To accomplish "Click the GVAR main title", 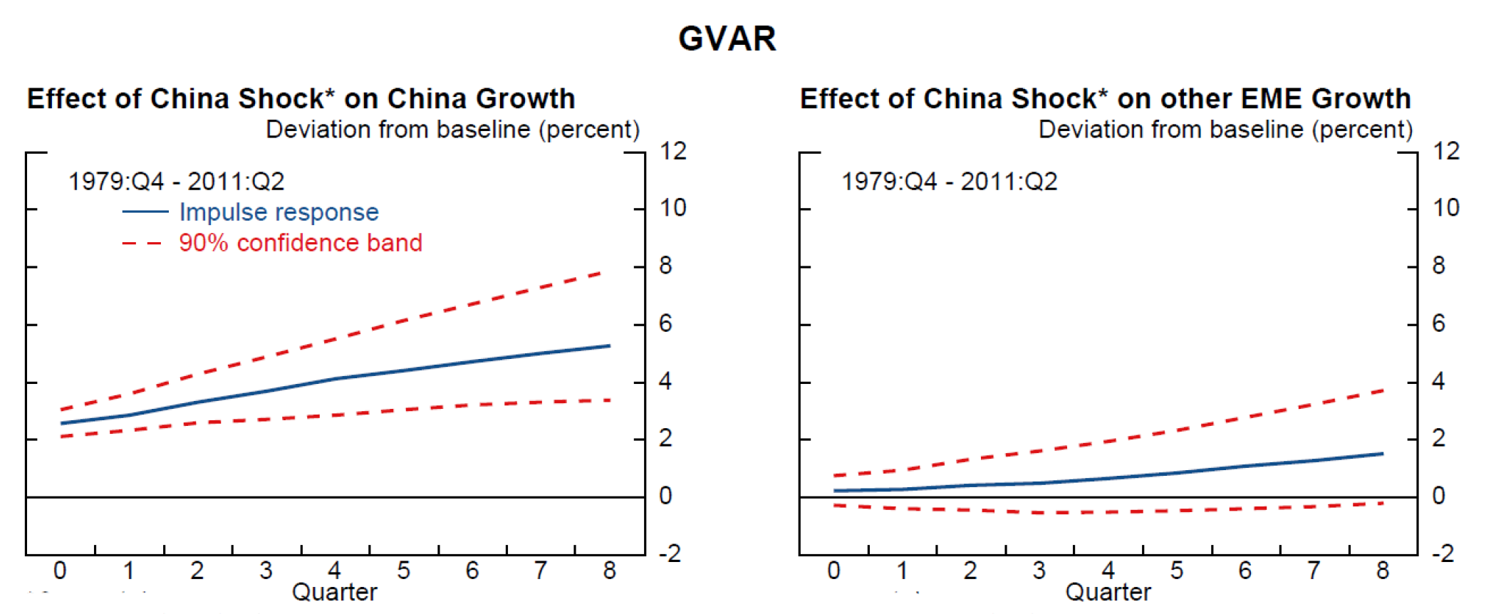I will (727, 38).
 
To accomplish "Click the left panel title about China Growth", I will (301, 98).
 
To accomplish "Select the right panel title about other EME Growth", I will (1105, 98).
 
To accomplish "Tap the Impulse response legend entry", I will (279, 212).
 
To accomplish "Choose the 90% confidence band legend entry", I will (300, 243).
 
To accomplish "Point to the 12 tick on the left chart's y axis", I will (672, 151).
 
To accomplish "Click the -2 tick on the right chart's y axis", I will (1445, 553).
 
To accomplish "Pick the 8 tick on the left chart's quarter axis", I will (610, 571).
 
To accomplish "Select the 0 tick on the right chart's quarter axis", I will (833, 571).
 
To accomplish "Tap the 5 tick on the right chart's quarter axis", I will (1177, 571).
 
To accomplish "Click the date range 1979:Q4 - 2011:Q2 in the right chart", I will (949, 182).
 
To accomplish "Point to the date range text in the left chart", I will (176, 182).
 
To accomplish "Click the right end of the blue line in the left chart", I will (609, 346).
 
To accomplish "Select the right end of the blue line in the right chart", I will (1382, 454).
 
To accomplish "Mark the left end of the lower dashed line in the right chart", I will (835, 506).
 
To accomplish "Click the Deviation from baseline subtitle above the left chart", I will (452, 130).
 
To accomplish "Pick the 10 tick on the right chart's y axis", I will (1446, 208).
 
